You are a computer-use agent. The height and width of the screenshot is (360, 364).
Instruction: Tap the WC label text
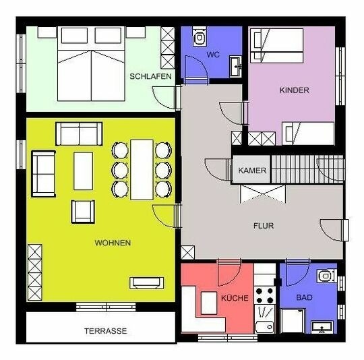tap(213, 54)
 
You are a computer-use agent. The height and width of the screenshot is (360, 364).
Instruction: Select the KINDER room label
tap(295, 90)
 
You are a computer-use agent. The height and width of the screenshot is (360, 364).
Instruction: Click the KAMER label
tap(252, 171)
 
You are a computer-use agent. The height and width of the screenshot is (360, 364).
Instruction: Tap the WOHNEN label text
tap(113, 243)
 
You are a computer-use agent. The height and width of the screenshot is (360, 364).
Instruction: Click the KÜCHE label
tap(235, 298)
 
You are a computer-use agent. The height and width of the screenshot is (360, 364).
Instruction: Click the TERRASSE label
tap(106, 332)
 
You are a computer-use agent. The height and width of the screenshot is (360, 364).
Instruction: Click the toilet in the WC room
tap(200, 37)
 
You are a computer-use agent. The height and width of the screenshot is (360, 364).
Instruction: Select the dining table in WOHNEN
tap(142, 169)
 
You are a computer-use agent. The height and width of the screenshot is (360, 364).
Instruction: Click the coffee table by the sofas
tap(84, 171)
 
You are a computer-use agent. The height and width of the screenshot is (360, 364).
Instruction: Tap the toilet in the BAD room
tap(327, 276)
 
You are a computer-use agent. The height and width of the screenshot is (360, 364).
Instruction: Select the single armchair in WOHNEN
tap(82, 212)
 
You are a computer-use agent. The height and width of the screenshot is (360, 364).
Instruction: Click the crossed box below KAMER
tap(263, 195)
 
